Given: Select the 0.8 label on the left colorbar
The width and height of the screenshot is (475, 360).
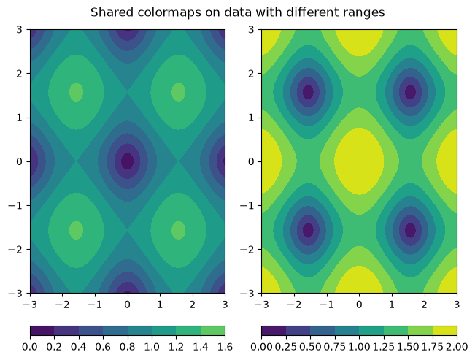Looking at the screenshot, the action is pos(127,347).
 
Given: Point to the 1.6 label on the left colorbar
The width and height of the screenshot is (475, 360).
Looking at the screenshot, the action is pos(225,347).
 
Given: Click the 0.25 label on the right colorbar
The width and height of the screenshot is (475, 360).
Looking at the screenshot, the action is pos(286,347).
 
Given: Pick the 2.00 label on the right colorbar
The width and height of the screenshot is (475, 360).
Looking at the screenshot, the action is pos(457,347).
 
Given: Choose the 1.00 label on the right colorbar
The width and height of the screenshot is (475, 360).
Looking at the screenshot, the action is pos(359,347).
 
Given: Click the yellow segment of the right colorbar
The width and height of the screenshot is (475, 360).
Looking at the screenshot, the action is pos(444,331).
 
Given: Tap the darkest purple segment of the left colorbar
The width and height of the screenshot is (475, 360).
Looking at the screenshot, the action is pos(42,331).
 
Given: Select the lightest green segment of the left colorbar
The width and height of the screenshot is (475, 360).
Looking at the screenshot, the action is pos(212,331).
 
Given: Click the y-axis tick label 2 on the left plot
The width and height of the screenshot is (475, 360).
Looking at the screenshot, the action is pos(20,74).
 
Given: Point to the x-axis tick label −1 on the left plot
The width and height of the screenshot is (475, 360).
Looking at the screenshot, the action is pos(95,305).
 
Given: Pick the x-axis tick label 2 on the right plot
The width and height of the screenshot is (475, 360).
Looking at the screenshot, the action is pos(424,305).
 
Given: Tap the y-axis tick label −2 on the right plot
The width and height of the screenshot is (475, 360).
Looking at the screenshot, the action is pos(247,250).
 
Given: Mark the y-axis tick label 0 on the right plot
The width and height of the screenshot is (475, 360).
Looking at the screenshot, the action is pos(251,161).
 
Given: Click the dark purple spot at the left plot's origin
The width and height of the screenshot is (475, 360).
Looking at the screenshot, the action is pos(128,161).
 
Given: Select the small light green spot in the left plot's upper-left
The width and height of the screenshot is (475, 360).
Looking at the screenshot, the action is pos(77,92).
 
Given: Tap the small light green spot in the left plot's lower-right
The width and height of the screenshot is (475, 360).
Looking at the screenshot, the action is pos(179,230).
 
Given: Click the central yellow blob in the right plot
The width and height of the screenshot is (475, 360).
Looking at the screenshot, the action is pos(359,161).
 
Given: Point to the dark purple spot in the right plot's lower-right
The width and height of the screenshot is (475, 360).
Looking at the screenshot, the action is pos(411,230).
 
